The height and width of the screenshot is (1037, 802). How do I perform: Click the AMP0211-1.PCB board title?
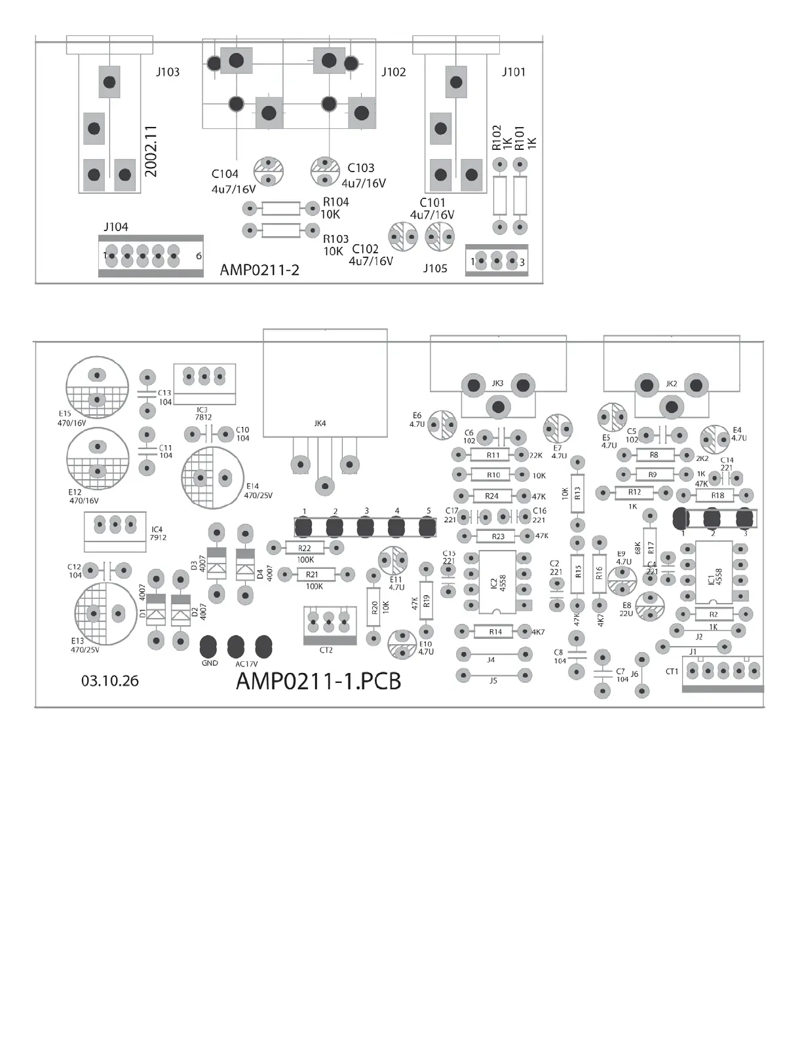[318, 681]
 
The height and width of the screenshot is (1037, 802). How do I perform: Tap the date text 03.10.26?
[110, 681]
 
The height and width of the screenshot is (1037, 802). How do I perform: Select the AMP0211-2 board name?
[259, 270]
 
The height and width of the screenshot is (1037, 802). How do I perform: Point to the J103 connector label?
[167, 72]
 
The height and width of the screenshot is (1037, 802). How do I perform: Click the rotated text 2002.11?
[151, 151]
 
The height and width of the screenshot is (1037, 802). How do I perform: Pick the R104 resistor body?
[280, 209]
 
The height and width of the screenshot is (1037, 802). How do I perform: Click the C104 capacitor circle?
[268, 172]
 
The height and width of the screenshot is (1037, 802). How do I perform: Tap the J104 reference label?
[116, 227]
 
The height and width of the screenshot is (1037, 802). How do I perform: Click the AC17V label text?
[247, 664]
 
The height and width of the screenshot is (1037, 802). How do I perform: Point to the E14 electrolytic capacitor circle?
[212, 477]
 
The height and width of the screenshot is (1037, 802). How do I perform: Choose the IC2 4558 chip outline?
[497, 583]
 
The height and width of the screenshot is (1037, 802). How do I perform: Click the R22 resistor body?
[305, 548]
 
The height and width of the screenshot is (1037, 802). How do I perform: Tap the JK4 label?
[320, 424]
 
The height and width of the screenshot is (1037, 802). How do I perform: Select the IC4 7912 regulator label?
[158, 534]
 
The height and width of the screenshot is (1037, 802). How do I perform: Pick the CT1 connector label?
[672, 672]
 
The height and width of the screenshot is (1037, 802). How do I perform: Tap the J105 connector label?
[435, 268]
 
